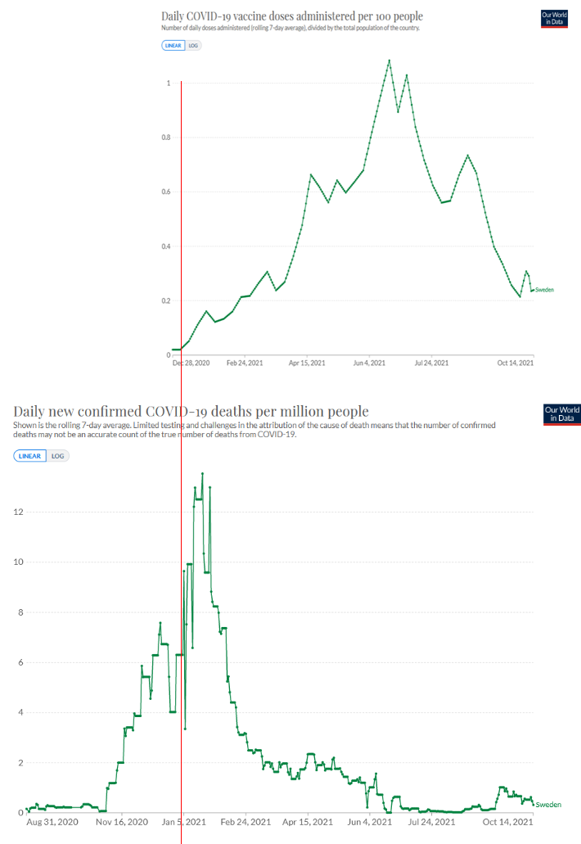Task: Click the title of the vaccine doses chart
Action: pos(292,16)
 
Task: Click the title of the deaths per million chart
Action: pos(191,411)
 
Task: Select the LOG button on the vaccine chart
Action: pos(193,46)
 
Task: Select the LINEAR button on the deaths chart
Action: pos(30,455)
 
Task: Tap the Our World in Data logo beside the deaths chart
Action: pos(561,413)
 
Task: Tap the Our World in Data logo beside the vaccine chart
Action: pos(554,18)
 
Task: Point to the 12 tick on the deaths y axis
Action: pos(17,512)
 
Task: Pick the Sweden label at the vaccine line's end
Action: pos(543,290)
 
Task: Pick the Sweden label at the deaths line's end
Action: pos(548,805)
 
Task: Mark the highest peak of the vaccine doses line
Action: pos(389,60)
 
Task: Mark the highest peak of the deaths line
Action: pos(202,473)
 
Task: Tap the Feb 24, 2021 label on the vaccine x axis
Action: pos(245,363)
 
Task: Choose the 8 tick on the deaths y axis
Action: pos(20,612)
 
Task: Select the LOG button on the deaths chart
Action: pos(57,455)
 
